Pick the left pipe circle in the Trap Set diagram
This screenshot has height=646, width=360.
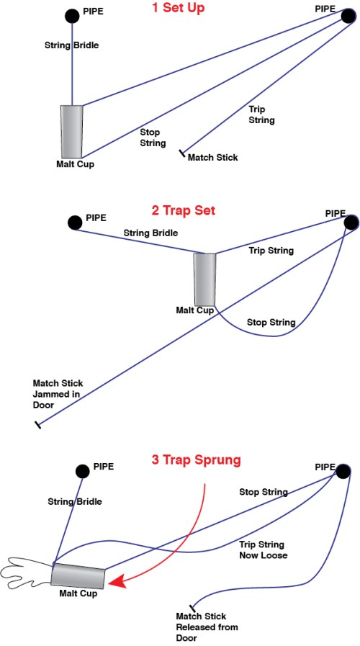[x=74, y=223]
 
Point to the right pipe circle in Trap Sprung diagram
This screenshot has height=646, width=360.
[x=343, y=471]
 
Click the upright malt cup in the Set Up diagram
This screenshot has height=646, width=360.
[x=72, y=131]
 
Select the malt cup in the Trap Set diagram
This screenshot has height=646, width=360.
[x=204, y=279]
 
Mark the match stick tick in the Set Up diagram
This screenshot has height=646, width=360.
[x=182, y=153]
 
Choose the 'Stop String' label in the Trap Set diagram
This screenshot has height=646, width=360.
[x=271, y=322]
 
